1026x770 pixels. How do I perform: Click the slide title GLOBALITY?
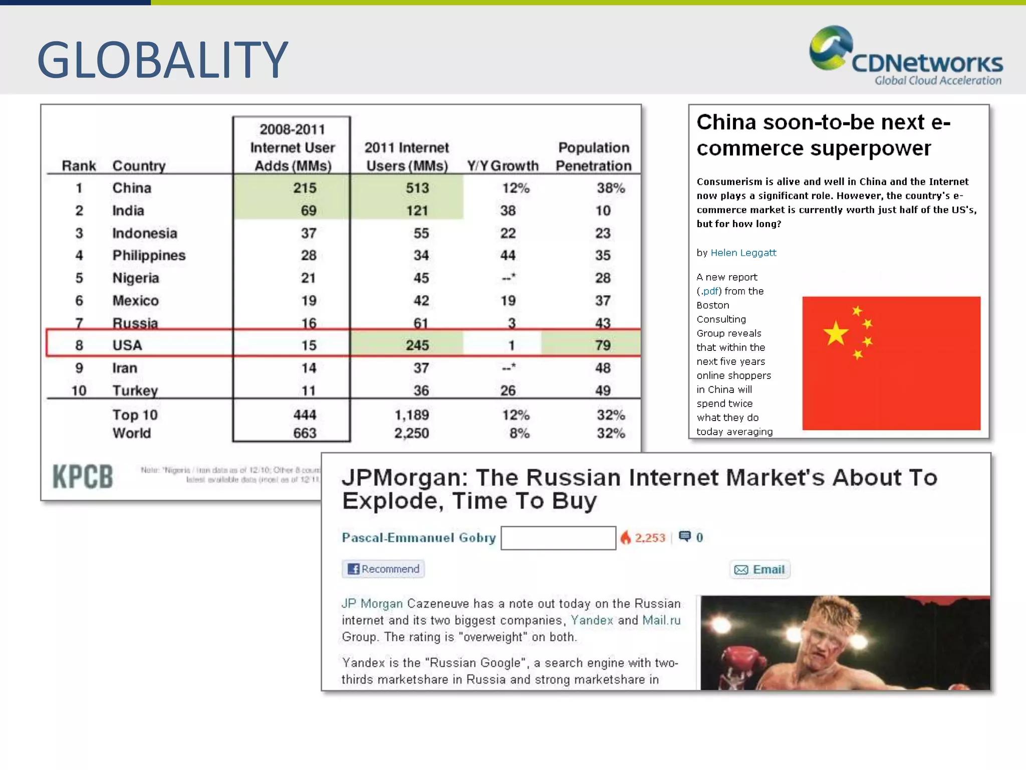coord(162,60)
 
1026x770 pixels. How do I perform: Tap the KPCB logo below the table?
coord(83,476)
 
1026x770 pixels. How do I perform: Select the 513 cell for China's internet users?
coord(417,188)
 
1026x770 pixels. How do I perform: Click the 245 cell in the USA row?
coord(417,345)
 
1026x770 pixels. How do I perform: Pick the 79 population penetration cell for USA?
coord(602,345)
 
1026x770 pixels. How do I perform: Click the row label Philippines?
coord(149,255)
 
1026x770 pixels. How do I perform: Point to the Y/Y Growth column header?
coord(502,165)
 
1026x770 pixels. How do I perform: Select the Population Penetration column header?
coord(594,156)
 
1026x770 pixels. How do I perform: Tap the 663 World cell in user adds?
coord(305,433)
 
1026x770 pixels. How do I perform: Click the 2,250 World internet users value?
coord(411,433)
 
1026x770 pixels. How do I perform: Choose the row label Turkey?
coord(135,390)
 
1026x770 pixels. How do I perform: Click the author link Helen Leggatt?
coord(743,253)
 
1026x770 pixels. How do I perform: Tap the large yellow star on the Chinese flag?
coord(836,333)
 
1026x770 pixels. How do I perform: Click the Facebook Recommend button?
coord(384,569)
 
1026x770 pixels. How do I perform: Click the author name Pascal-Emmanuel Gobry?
coord(419,537)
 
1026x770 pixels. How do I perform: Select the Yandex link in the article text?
coord(592,620)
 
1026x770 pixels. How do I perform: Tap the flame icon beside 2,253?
coord(625,537)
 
